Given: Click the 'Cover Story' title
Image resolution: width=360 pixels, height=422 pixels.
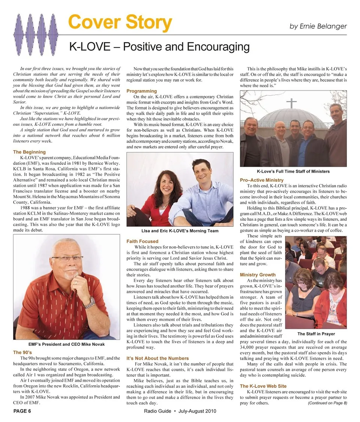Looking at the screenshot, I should click(120, 23).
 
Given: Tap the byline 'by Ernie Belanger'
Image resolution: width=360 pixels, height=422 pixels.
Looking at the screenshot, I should click(318, 26).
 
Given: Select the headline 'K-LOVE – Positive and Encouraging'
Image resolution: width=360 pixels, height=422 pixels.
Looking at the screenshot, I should click(159, 47).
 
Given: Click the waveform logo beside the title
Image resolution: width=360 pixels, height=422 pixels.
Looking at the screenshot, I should click(37, 29).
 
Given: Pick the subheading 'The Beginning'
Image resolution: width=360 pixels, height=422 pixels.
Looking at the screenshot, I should click(29, 152).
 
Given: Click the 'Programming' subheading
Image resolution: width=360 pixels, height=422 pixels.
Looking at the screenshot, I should click(141, 91).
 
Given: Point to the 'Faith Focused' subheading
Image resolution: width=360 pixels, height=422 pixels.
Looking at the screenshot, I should click(142, 241).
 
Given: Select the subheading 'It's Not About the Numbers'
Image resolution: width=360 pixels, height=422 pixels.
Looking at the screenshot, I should click(157, 358).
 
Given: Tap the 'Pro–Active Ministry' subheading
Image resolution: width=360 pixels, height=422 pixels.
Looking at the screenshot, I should click(262, 180).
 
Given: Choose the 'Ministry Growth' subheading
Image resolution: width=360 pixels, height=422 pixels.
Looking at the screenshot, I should click(258, 275).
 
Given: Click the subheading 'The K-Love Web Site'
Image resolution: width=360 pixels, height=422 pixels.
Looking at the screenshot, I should click(263, 386).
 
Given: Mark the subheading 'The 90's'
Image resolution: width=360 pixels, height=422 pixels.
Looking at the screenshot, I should click(22, 353).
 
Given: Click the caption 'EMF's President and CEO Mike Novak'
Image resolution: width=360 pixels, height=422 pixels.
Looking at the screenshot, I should click(66, 344).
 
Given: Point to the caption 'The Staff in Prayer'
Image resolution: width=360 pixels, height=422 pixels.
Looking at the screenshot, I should click(316, 334).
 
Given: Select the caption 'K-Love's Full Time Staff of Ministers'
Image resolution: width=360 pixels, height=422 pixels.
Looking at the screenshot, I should click(293, 172).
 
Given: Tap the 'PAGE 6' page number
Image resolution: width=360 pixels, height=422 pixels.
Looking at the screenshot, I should click(22, 411).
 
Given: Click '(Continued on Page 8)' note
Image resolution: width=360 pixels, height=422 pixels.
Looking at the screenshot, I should click(327, 403).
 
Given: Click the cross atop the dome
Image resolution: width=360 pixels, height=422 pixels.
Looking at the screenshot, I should click(291, 102).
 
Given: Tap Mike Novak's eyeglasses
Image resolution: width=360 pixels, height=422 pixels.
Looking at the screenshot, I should click(67, 259).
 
